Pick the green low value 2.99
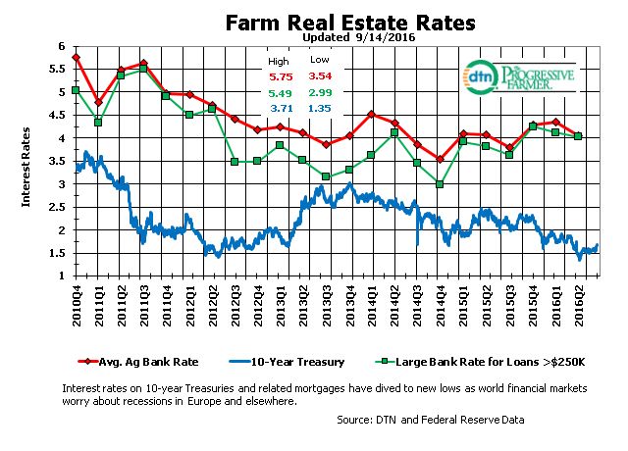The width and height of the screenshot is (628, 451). pyautogui.click(x=318, y=93)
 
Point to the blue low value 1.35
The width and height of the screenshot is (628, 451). pyautogui.click(x=318, y=108)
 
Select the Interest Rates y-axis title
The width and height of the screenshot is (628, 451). pyautogui.click(x=27, y=161)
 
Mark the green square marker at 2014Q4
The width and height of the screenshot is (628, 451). pyautogui.click(x=441, y=184)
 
